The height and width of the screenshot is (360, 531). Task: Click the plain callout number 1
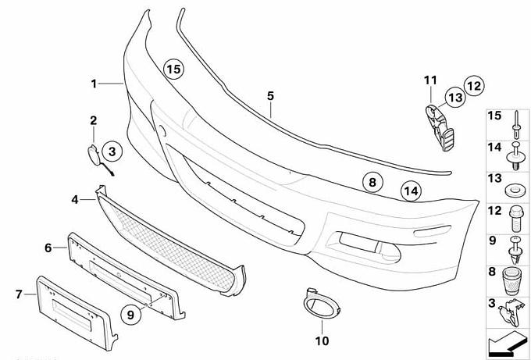pos(93,83)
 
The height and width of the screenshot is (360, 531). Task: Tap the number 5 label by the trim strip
pos(270,95)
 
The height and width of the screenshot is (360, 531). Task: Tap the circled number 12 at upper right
pos(473,84)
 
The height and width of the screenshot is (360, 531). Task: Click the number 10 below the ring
pos(323,340)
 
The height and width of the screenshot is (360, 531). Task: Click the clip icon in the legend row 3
pos(512,312)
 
